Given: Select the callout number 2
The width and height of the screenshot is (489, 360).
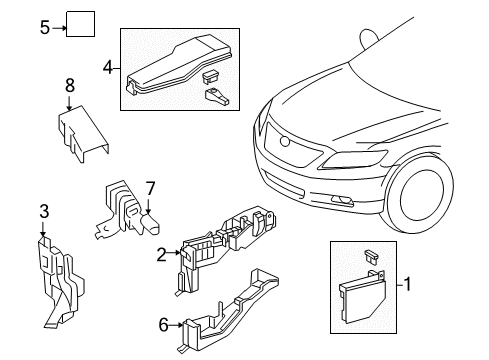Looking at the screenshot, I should coord(160,254).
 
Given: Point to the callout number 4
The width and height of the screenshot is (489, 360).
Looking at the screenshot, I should coord(108,69).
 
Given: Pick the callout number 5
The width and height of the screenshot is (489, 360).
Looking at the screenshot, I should coord(44,27).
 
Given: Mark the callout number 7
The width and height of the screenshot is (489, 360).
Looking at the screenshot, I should coord(150,187).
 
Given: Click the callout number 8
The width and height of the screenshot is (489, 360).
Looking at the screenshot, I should coord(68,86).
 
